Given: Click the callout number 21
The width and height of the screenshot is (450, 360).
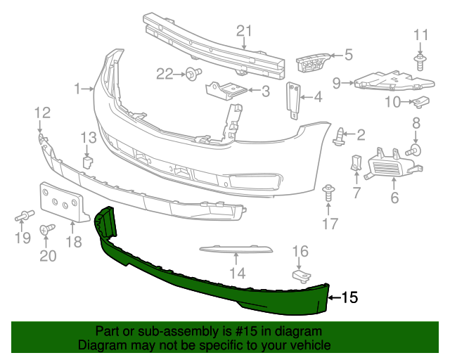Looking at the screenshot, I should tap(243, 30).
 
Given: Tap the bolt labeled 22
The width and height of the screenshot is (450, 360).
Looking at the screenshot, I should tap(192, 72).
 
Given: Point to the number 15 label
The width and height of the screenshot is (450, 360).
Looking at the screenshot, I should tap(349, 297).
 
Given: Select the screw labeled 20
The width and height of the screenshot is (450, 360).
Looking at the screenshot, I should tap(48, 229).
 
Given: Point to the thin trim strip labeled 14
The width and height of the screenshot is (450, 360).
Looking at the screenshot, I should tap(236, 249).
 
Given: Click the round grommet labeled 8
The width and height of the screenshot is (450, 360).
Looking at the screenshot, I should tap(415, 149).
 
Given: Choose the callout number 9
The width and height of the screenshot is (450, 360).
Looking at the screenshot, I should tap(337, 83).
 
